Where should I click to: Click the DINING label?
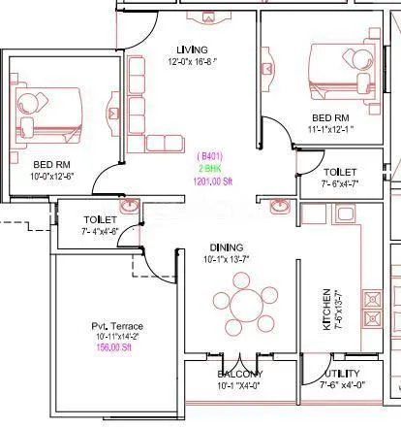click(224, 247)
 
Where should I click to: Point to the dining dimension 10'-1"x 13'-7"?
click(224, 259)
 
